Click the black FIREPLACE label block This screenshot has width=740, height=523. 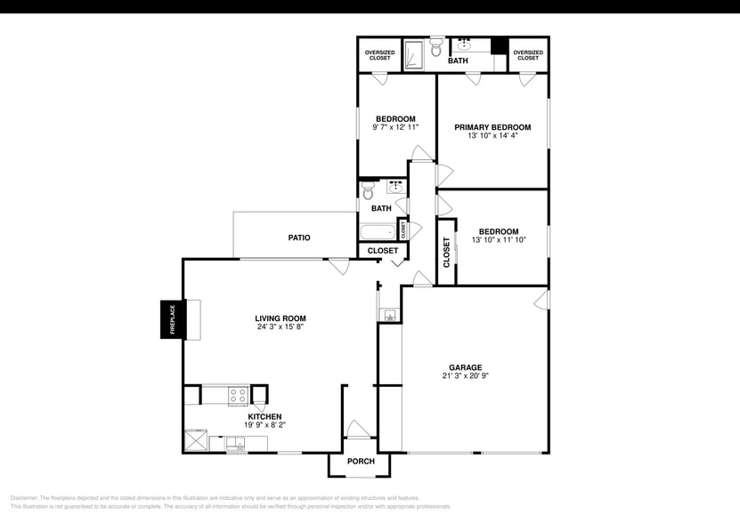click(168, 319)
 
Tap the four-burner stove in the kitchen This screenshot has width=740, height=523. click(237, 395)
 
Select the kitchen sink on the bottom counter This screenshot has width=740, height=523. click(237, 443)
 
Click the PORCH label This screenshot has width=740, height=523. click(361, 462)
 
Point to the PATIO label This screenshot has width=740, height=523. click(299, 237)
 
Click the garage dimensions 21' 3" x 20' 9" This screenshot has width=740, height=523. click(465, 376)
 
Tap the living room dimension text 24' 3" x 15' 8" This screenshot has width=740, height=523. click(281, 327)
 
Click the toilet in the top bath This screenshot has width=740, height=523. click(436, 50)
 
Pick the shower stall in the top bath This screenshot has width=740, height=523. click(415, 54)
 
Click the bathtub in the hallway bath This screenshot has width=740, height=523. click(378, 232)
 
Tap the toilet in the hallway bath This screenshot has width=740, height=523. click(369, 191)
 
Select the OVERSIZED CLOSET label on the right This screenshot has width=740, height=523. click(528, 55)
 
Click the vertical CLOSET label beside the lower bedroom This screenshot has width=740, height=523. click(447, 252)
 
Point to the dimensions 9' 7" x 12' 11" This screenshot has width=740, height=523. click(395, 128)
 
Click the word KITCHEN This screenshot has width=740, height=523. click(264, 416)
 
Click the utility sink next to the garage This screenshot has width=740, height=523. click(390, 314)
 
